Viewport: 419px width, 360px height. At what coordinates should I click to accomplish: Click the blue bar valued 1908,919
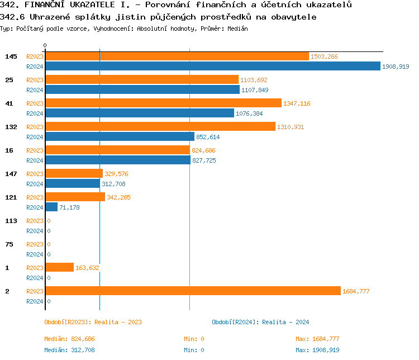point(212,67)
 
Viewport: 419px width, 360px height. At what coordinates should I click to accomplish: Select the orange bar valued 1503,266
point(177,56)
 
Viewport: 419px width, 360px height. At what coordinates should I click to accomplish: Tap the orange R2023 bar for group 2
point(193,291)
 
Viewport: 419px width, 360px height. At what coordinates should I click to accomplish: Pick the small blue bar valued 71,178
point(51,207)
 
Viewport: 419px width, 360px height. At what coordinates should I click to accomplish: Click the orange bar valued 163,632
point(59,268)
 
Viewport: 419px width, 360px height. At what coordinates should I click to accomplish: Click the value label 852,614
point(208,137)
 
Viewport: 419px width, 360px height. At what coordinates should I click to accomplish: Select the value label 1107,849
point(255,90)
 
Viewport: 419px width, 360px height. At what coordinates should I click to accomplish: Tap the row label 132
point(11,127)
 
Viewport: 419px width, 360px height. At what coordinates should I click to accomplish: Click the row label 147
point(11,174)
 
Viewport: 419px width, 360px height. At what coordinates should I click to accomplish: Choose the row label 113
point(11,221)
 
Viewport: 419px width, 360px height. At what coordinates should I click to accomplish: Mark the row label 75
point(9,244)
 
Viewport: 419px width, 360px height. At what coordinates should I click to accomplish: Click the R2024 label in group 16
point(35,160)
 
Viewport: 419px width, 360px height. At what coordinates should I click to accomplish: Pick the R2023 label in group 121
point(35,197)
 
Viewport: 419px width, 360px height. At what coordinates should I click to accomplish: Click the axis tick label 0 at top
point(45,45)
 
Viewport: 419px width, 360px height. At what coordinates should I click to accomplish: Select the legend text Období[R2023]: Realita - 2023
point(93,322)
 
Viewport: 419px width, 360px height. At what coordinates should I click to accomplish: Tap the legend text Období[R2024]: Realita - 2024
point(260,322)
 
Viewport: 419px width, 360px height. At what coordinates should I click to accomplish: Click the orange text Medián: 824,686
point(73,339)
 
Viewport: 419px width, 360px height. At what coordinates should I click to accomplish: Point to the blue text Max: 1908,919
point(317,350)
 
